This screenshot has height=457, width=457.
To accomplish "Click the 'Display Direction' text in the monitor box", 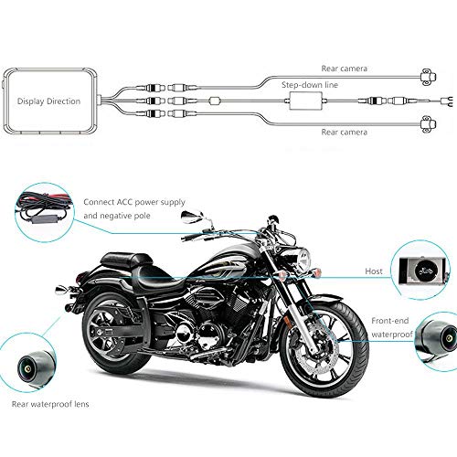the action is (x=48, y=101).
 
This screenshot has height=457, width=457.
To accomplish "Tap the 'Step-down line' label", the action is (x=310, y=85).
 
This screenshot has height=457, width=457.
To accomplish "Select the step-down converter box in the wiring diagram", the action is (x=305, y=101).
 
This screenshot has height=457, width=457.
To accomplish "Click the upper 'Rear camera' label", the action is (x=344, y=69).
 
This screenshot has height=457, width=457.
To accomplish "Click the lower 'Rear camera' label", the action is (x=344, y=133).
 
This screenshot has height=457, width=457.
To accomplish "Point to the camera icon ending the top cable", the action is (x=428, y=76).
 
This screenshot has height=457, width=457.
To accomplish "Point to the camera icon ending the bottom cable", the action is (x=428, y=123).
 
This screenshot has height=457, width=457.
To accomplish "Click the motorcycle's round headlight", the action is (x=303, y=259).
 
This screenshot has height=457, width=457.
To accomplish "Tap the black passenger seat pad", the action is (x=127, y=260).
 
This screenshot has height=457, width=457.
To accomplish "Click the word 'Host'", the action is (x=374, y=271).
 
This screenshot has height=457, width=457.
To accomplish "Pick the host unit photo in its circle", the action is (x=424, y=271).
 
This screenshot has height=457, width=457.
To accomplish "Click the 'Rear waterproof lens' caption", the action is (x=50, y=404).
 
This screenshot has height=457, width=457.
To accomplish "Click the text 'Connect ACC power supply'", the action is (x=134, y=202).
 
